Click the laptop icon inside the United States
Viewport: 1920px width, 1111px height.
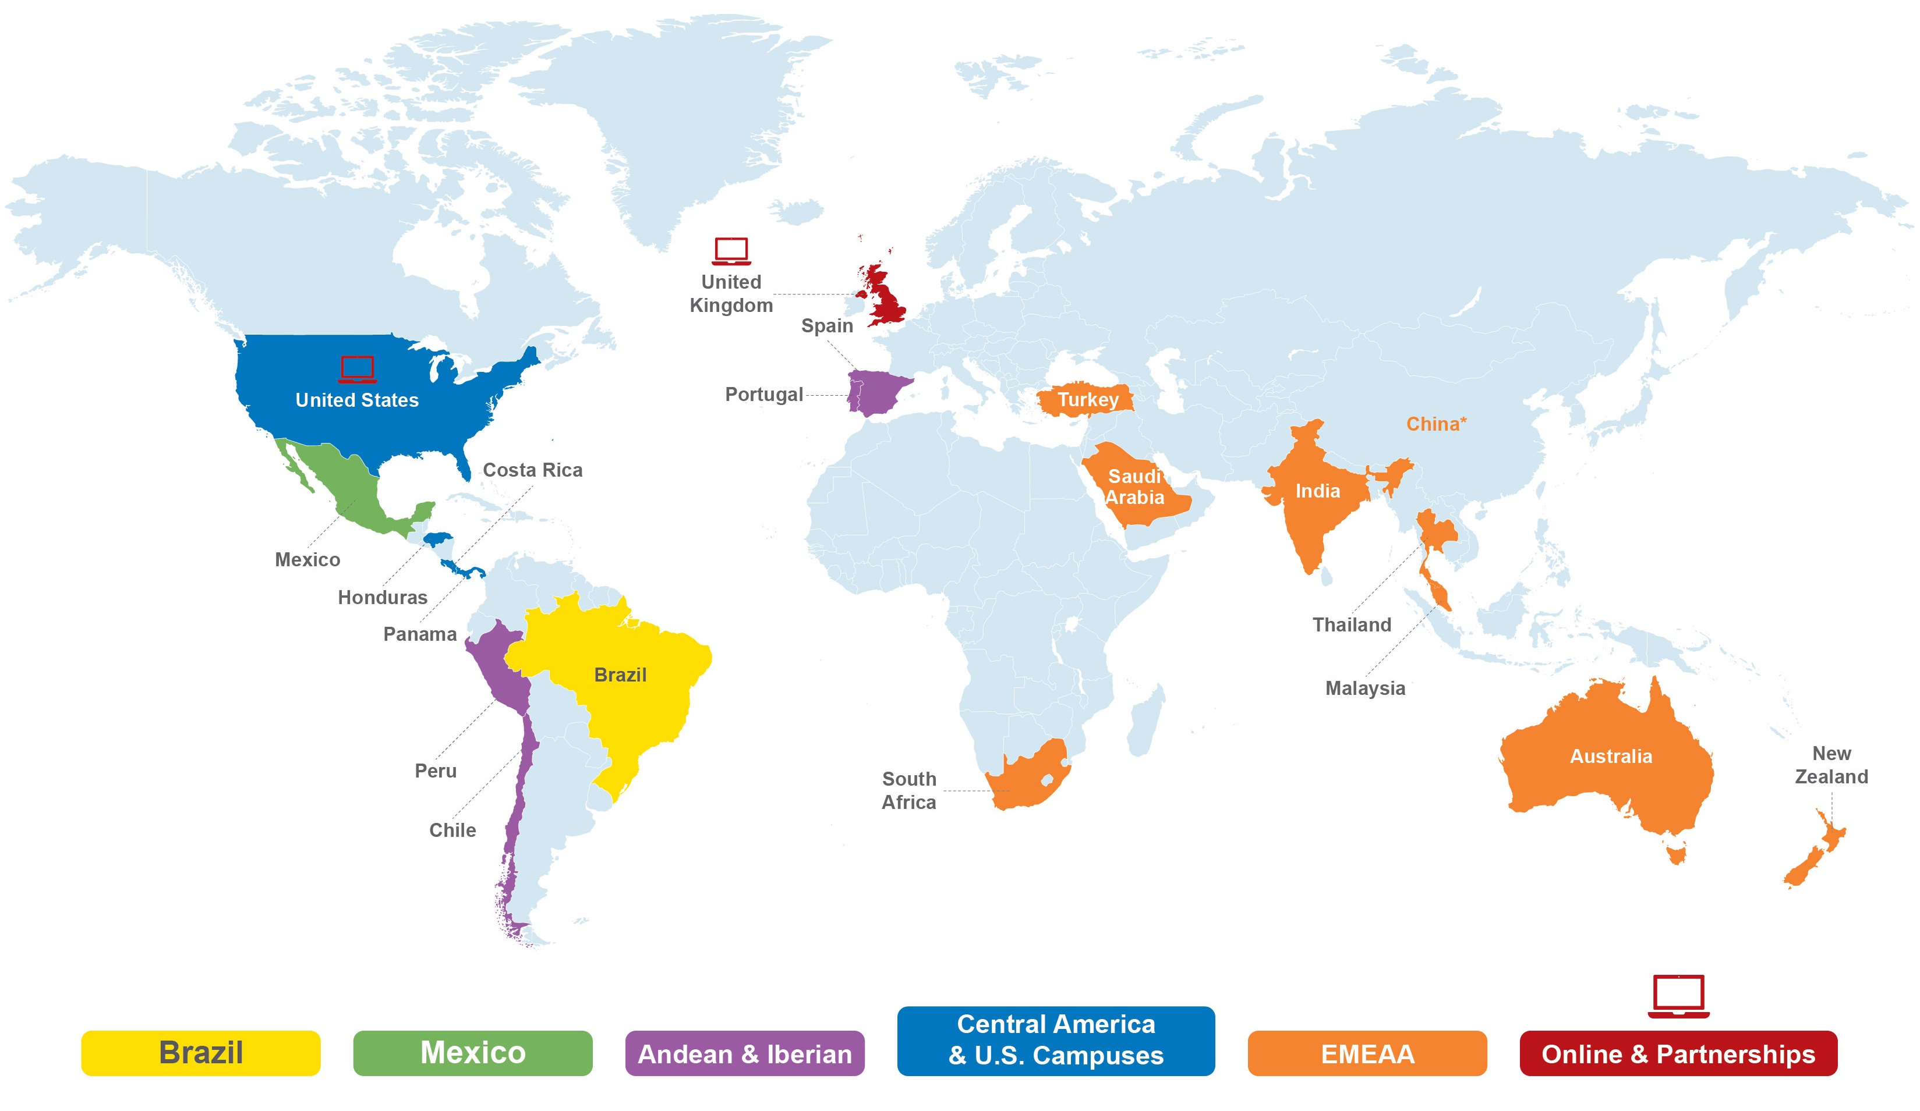pos(358,368)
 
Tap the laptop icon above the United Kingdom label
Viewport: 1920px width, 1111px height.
pos(731,250)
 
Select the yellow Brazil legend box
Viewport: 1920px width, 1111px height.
pos(200,1052)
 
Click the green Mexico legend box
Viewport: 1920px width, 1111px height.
pos(472,1052)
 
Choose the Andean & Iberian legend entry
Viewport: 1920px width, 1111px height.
pos(744,1053)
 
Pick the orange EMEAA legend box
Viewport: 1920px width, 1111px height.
pos(1367,1053)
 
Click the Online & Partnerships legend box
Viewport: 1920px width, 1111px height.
pos(1678,1053)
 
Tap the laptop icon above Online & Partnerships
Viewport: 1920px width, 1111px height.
pos(1678,995)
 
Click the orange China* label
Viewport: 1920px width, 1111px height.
pos(1435,424)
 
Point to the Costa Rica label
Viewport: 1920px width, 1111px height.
pos(533,470)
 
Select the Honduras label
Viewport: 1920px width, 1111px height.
pos(383,597)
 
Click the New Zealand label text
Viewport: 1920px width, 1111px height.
pos(1831,765)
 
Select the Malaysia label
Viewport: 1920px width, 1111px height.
pos(1364,688)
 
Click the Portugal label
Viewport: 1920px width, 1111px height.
pos(763,395)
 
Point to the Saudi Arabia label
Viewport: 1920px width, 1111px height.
pos(1134,487)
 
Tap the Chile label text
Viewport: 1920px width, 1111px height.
pos(452,830)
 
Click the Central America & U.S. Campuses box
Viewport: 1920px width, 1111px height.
pos(1055,1040)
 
